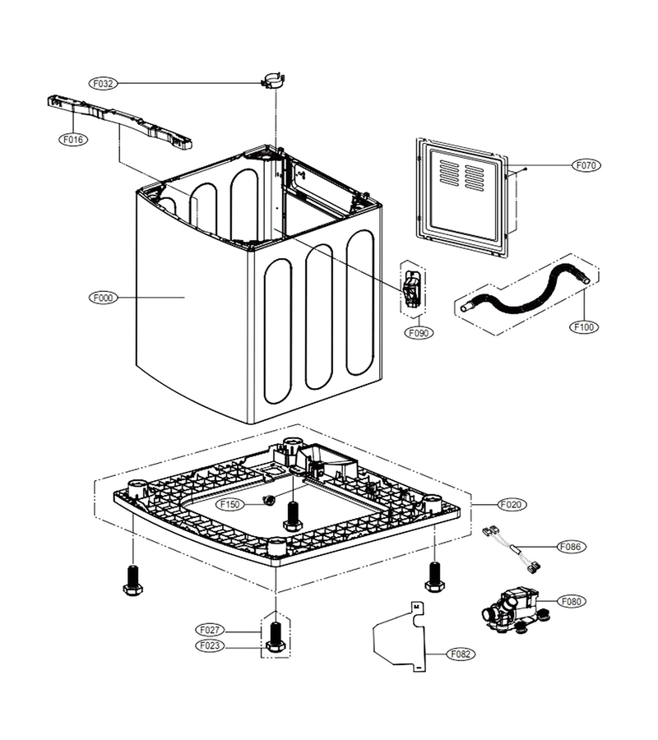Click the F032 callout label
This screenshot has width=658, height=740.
[103, 84]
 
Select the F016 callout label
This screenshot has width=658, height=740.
[72, 139]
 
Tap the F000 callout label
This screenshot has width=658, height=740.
[103, 298]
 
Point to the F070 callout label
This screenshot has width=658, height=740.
[586, 165]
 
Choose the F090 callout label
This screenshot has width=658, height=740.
[419, 333]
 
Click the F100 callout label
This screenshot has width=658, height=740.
[584, 326]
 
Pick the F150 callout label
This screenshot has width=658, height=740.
[229, 505]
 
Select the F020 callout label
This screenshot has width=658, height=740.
[512, 505]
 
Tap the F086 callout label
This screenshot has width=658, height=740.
[571, 547]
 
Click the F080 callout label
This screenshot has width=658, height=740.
[571, 601]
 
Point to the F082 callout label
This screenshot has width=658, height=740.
[461, 654]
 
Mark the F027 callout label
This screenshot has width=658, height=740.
[210, 630]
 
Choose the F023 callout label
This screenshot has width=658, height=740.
[210, 645]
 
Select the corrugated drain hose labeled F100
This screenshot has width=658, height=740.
[524, 294]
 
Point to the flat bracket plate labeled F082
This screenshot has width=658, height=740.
[400, 636]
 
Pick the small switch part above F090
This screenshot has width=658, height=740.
[410, 288]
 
